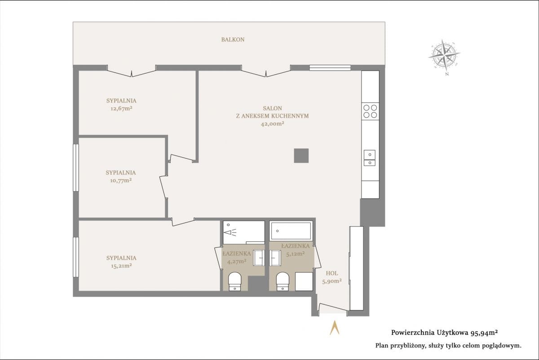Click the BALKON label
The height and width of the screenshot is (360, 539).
[x=233, y=40]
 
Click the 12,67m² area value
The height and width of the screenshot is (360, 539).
[x=121, y=108]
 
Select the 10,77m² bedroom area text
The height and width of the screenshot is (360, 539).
[x=121, y=180]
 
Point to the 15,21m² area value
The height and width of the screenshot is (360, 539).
[x=121, y=266]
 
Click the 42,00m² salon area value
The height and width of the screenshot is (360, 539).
[x=272, y=124]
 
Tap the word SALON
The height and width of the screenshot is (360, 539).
[x=272, y=108]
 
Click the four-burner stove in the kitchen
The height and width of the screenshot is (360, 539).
[x=370, y=111]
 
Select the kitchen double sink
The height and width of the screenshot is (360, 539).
[x=370, y=158]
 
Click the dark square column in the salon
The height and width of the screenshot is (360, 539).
[x=301, y=156]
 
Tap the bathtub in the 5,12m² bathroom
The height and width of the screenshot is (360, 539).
[x=291, y=231]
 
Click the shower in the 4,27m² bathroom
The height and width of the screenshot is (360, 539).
[x=243, y=232]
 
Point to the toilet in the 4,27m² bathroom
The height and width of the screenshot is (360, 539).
[x=234, y=281]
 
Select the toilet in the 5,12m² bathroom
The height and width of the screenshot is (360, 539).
[x=283, y=281]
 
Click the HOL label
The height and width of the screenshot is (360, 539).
[x=332, y=273]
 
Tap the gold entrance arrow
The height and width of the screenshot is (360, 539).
[x=335, y=328]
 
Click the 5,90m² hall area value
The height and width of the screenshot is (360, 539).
[x=332, y=281]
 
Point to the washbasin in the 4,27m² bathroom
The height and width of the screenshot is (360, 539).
[x=259, y=258]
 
